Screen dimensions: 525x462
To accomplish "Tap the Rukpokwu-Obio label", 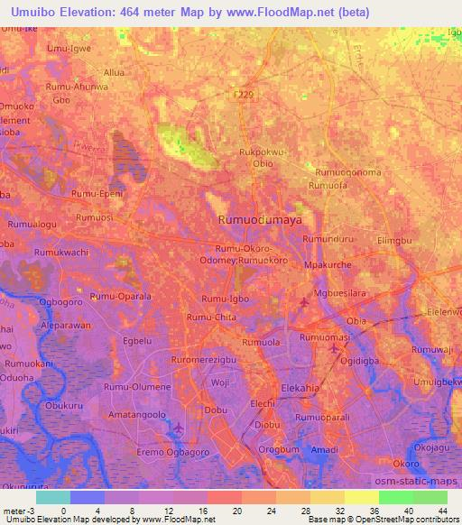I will pyautogui.click(x=262, y=158).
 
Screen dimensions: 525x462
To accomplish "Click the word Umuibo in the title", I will pyautogui.click(x=34, y=13).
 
